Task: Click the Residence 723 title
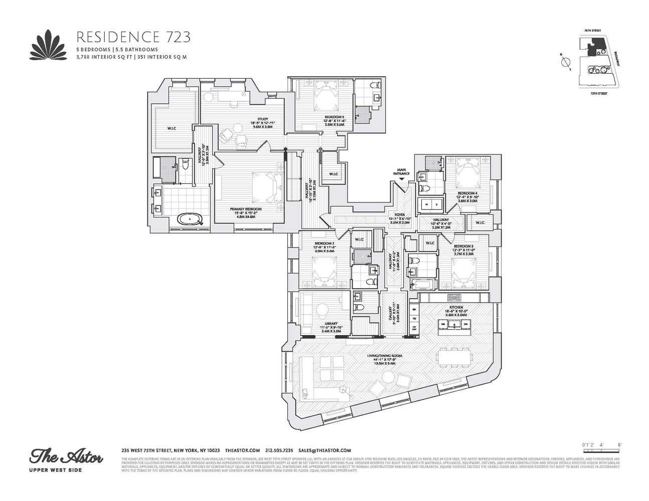pyautogui.click(x=133, y=37)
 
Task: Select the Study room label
pyautogui.click(x=263, y=120)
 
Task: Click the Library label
pyautogui.click(x=324, y=324)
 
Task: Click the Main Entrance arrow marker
pyautogui.click(x=401, y=178)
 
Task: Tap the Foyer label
pyautogui.click(x=400, y=214)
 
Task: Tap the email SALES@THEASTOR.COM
pyautogui.click(x=324, y=450)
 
